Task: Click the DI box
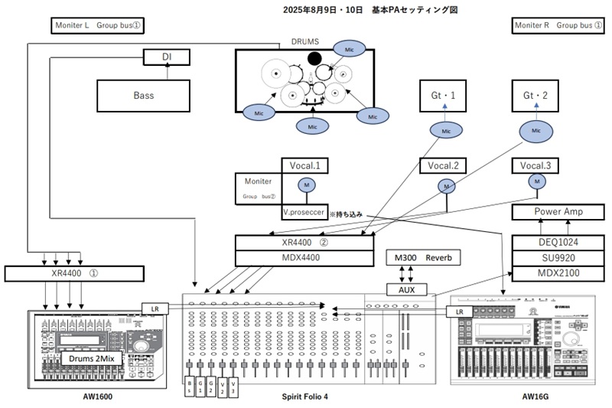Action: [167, 57]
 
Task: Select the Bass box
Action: [143, 96]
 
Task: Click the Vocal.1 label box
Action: [305, 165]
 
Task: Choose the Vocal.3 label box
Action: [537, 165]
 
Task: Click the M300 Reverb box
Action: [425, 258]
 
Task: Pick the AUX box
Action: [412, 290]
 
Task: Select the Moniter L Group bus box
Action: [98, 25]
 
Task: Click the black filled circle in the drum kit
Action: [314, 57]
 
